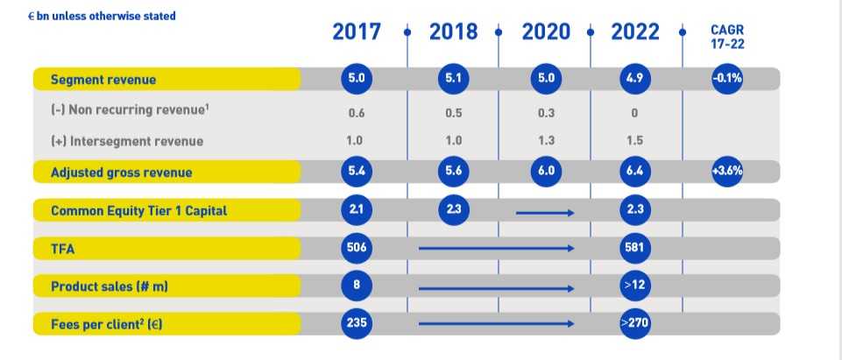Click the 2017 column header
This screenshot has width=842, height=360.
357,32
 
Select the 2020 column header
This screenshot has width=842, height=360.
546,32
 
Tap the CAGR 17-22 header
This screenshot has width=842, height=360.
726,36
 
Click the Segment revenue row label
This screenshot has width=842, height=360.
103,80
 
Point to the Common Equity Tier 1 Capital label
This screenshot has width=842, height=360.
139,211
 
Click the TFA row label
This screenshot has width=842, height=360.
63,249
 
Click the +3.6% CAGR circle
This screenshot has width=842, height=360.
727,171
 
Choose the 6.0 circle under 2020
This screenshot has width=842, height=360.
545,171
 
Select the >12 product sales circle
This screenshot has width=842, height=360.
634,286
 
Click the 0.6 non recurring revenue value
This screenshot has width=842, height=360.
357,113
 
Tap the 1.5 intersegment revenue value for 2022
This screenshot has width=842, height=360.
634,142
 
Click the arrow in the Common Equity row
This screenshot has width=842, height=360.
545,211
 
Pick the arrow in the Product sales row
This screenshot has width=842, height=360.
497,286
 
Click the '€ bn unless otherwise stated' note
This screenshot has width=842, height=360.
101,16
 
